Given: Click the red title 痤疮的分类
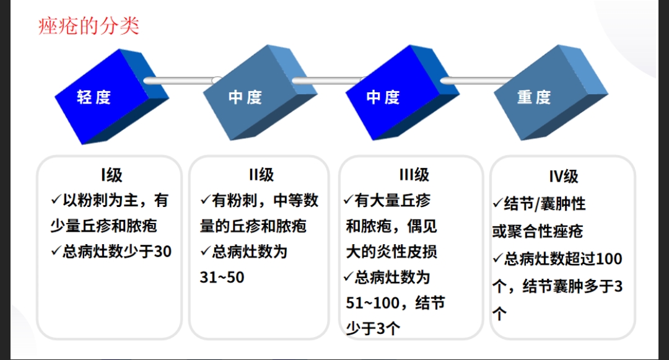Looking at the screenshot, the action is pyautogui.click(x=89, y=26).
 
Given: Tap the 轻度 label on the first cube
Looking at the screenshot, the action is pyautogui.click(x=94, y=97).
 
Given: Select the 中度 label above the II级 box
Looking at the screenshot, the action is pyautogui.click(x=245, y=97).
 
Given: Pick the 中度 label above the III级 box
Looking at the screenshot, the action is pyautogui.click(x=383, y=97).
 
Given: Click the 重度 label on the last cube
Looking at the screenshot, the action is pyautogui.click(x=534, y=97).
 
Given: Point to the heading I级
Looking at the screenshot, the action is pyautogui.click(x=111, y=175).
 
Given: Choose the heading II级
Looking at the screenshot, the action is pyautogui.click(x=261, y=175).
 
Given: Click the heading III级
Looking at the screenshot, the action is pyautogui.click(x=414, y=175).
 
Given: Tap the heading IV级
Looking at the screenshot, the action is pyautogui.click(x=564, y=177).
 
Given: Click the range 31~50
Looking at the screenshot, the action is pyautogui.click(x=222, y=278).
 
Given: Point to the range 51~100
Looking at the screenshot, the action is pyautogui.click(x=373, y=303).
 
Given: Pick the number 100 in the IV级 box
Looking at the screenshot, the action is pyautogui.click(x=609, y=259).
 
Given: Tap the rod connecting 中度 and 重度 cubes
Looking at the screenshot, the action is pyautogui.click(x=477, y=81).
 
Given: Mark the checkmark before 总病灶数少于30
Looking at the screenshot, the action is pyautogui.click(x=56, y=251).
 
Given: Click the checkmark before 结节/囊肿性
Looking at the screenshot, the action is pyautogui.click(x=497, y=203).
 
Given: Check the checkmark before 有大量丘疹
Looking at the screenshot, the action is pyautogui.click(x=349, y=200).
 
